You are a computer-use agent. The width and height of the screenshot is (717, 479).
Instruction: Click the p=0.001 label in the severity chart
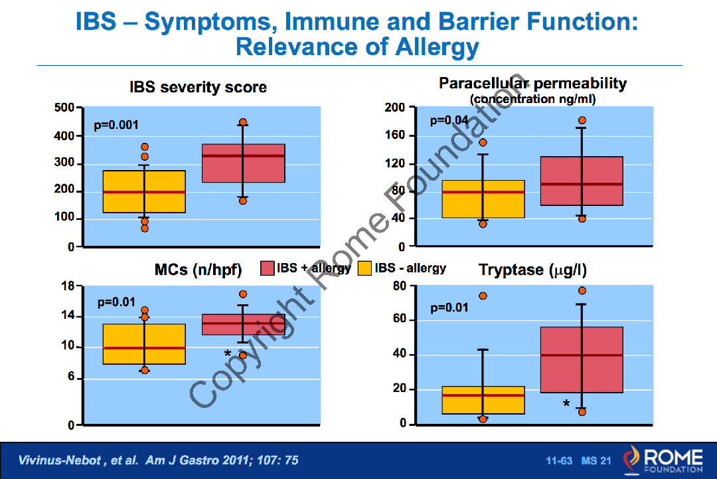point(116,126)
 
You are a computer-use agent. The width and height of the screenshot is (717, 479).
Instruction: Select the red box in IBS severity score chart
point(243,163)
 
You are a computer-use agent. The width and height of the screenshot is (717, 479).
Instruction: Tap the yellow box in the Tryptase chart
point(483,401)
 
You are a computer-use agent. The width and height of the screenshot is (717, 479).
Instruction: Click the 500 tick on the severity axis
point(64,108)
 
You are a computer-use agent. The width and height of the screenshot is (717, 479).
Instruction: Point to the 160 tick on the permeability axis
point(394,135)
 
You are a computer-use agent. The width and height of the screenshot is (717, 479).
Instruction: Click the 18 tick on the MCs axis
point(68,286)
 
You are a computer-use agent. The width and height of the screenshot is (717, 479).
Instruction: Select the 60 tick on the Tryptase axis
point(399,319)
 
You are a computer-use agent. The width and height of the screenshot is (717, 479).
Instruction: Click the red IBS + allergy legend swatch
point(267,268)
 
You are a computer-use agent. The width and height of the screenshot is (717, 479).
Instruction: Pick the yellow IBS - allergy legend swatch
point(364,268)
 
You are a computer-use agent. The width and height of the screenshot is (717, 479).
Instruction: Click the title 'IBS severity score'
point(198,87)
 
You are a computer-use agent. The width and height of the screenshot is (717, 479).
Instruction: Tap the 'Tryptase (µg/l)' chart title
point(532,270)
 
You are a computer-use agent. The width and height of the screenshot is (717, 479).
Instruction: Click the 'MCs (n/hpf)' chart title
point(198,270)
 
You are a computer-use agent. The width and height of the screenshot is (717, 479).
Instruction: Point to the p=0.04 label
point(449,121)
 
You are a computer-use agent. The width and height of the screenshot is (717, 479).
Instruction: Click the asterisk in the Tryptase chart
point(566,404)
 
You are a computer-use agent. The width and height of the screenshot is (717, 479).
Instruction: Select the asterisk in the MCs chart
point(227,353)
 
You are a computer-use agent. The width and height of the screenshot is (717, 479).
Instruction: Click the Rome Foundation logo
point(663,460)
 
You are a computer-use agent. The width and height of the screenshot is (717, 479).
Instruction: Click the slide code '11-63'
point(559,460)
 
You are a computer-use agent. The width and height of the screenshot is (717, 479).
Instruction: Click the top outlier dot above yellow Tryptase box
point(483,296)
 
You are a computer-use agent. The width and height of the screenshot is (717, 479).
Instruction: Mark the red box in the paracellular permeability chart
point(582,181)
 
